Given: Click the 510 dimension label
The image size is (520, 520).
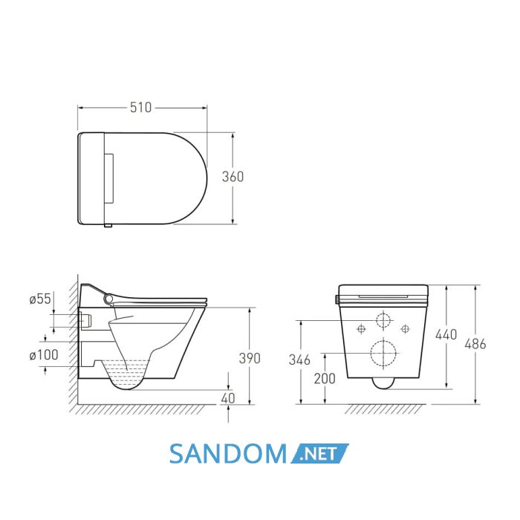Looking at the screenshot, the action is pos(140,108).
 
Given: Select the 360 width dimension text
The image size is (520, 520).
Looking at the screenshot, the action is pos(233,177).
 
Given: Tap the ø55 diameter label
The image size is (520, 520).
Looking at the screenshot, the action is pos(40,299).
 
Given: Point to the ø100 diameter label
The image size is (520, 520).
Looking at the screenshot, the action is pos(44,355).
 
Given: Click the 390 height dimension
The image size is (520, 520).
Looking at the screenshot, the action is pos(250,358).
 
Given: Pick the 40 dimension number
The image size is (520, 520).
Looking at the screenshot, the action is pos(228,398).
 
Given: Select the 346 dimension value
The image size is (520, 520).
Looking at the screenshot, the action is pos(299,360).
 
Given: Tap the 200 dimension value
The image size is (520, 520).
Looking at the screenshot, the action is pos(325,378).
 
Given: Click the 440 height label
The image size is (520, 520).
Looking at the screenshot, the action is pos(446,334).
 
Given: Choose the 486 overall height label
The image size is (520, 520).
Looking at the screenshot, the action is pos(475,344).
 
